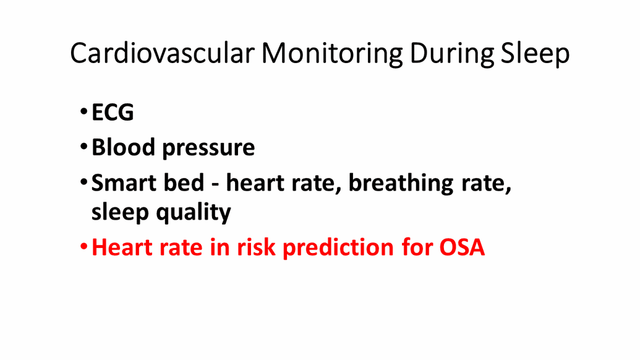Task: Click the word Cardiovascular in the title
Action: pyautogui.click(x=163, y=53)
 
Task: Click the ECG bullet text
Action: pyautogui.click(x=113, y=112)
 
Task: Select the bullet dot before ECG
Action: pyautogui.click(x=83, y=111)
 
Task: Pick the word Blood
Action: pyautogui.click(x=123, y=147)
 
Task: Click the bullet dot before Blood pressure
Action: pyautogui.click(x=83, y=147)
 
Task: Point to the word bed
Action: pyautogui.click(x=184, y=182)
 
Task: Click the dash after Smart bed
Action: pyautogui.click(x=215, y=185)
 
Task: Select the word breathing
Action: pyautogui.click(x=401, y=184)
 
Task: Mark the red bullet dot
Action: pyautogui.click(x=83, y=247)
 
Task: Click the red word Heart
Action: pyautogui.click(x=122, y=247)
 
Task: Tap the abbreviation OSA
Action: pyautogui.click(x=462, y=247)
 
